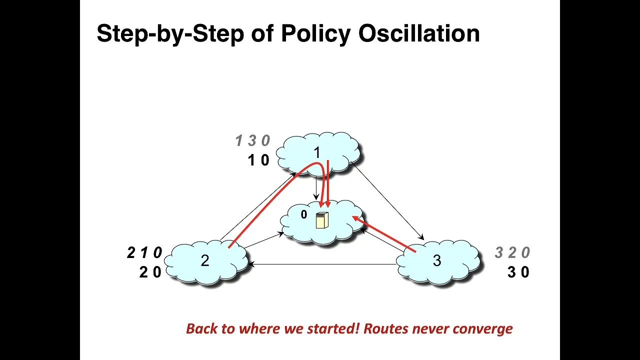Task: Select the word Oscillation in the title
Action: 419,33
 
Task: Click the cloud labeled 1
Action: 317,153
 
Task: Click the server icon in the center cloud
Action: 322,220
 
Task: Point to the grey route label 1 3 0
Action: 252,140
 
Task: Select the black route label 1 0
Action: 258,160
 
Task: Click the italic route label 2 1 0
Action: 144,252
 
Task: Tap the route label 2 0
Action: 150,272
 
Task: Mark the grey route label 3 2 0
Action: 512,252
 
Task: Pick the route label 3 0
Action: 518,272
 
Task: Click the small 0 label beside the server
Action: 304,214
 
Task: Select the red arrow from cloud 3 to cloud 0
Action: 383,234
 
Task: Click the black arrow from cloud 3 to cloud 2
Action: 322,264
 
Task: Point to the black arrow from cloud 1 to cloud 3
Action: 387,201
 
